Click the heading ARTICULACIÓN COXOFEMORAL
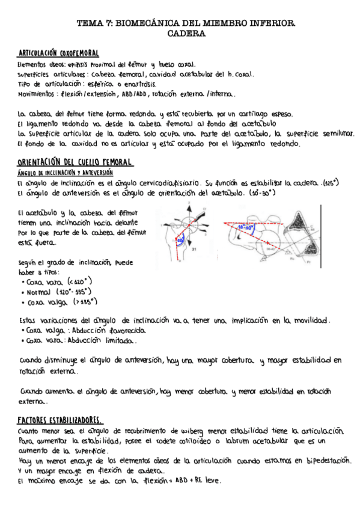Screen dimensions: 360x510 [x=58, y=54]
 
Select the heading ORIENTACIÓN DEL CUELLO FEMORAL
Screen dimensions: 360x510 [x=75, y=163]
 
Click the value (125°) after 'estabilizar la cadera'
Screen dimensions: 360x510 [x=331, y=182]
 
